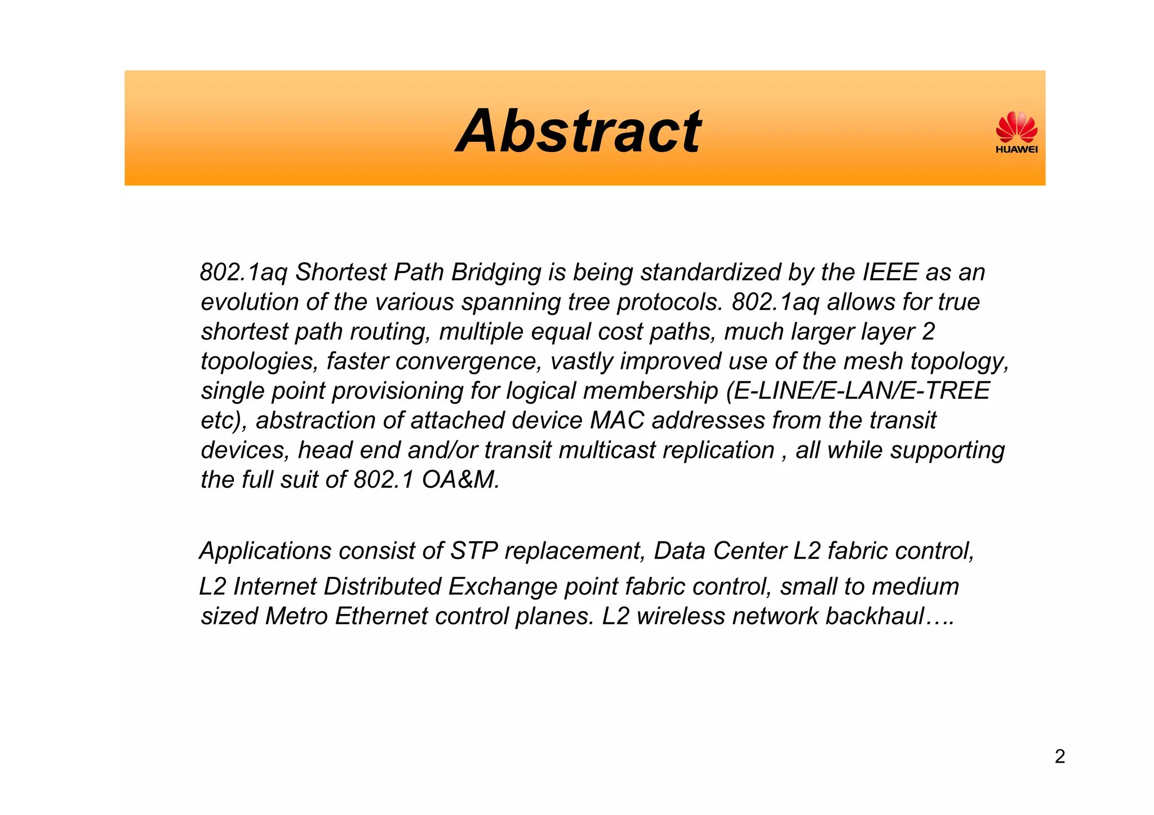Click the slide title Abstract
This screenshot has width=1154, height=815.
pos(579,132)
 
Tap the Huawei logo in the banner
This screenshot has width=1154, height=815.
pos(1017,132)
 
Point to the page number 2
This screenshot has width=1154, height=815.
pos(1059,756)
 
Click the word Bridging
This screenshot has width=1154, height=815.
pos(496,273)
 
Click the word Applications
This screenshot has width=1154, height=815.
pos(265,551)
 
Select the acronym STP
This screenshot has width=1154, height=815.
pos(474,551)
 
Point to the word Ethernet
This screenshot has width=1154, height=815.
pos(381,617)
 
